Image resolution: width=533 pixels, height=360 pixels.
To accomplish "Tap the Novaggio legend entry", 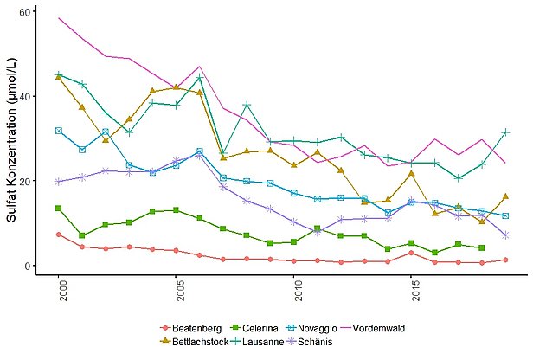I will (318, 328).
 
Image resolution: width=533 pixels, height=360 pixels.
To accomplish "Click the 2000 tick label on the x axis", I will (59, 292).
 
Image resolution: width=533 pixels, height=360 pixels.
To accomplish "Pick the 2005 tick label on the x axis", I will (177, 292).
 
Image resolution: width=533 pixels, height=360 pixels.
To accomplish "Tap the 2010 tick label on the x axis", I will (294, 292).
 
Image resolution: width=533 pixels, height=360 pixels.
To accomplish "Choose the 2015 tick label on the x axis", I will (412, 292).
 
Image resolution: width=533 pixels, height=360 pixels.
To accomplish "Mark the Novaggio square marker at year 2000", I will (59, 131).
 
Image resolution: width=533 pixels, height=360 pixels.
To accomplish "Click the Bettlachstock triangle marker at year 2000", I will (59, 76).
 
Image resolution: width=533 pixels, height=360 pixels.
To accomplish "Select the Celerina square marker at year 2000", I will (59, 209).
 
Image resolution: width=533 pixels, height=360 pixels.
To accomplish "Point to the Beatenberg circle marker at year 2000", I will (59, 235).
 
